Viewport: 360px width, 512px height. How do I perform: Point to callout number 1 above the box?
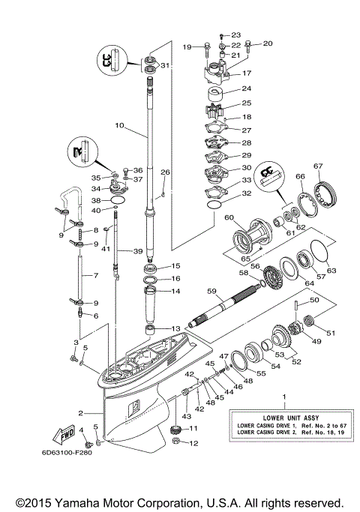point(283,396)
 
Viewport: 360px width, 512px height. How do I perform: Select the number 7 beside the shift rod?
point(95,276)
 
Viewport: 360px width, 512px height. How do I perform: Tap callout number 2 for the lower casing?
point(79,412)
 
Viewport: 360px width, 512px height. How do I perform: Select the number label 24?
point(247,88)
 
